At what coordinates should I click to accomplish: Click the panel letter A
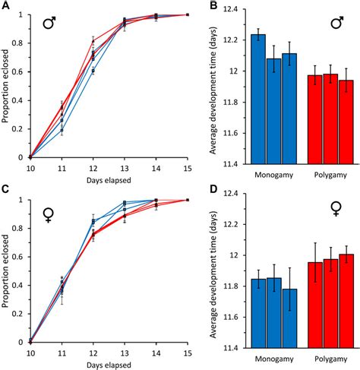[5, 7]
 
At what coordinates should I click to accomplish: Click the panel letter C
[5, 192]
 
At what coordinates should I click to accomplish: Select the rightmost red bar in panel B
[326, 122]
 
